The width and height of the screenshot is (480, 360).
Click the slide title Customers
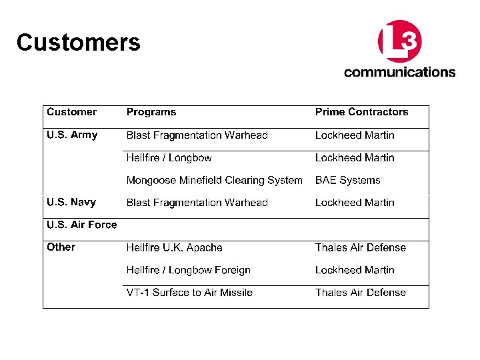click(x=78, y=43)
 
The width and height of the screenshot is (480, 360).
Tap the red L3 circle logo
click(x=399, y=41)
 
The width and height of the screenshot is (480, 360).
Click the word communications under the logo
click(x=399, y=72)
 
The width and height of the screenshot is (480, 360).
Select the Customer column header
click(x=71, y=112)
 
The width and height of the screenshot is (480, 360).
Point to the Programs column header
click(x=151, y=112)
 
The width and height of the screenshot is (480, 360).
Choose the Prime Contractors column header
click(x=361, y=112)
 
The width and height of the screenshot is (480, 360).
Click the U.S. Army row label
click(x=72, y=135)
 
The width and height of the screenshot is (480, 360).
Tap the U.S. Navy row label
click(x=71, y=202)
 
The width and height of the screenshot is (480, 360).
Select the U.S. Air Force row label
click(x=81, y=225)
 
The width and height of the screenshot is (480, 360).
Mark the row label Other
click(x=61, y=247)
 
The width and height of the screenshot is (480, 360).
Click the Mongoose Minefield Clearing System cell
click(x=214, y=180)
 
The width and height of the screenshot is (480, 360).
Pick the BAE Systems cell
click(x=347, y=180)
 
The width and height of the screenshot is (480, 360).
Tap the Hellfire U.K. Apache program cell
click(x=174, y=247)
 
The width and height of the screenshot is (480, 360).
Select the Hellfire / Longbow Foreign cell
click(x=188, y=270)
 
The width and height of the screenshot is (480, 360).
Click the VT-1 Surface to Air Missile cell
click(x=189, y=292)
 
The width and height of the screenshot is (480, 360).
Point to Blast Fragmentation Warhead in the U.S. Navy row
click(x=197, y=203)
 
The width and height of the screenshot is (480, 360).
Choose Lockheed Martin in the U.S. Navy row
click(x=355, y=203)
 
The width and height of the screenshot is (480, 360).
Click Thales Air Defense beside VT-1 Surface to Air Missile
click(x=360, y=292)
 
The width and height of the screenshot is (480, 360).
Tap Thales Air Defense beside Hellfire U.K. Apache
click(x=360, y=247)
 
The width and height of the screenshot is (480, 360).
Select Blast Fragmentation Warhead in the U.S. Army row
click(x=197, y=135)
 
